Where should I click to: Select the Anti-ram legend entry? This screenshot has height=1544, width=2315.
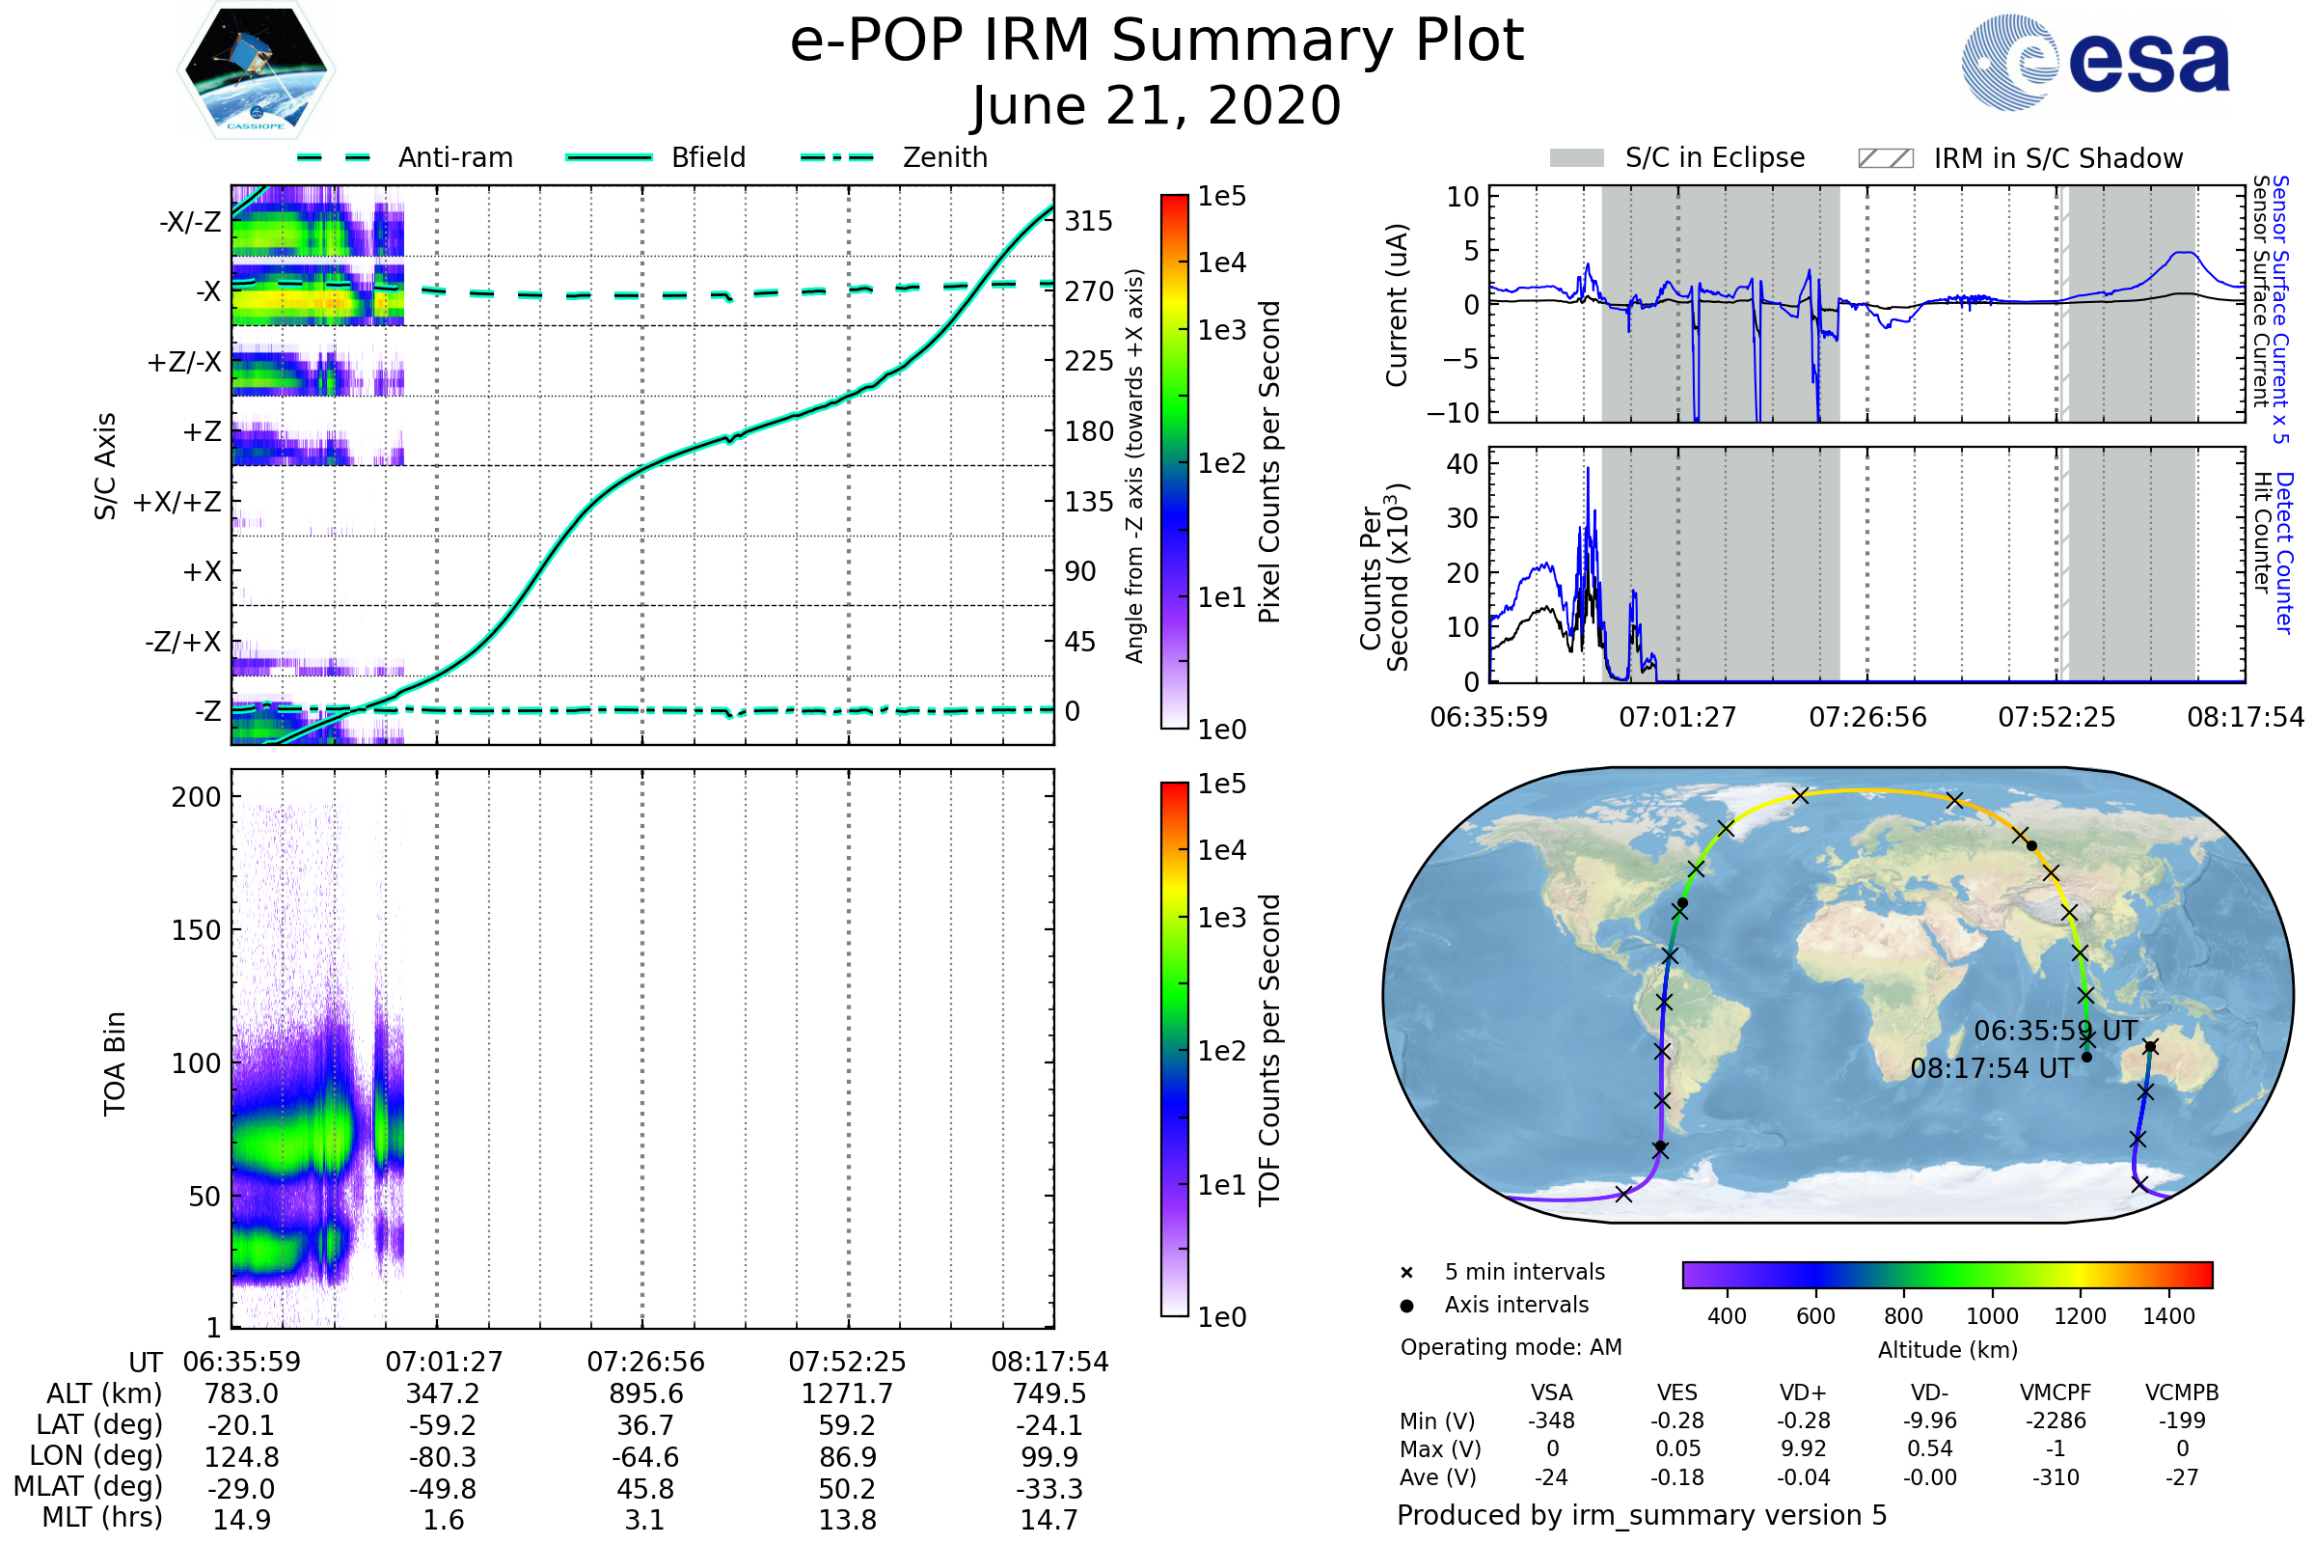(454, 157)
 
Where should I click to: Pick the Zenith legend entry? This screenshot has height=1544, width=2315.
(944, 157)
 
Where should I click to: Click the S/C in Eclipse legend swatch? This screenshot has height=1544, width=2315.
(1576, 158)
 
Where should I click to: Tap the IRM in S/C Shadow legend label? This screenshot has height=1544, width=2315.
(2057, 158)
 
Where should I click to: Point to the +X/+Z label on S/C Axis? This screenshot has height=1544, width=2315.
(177, 502)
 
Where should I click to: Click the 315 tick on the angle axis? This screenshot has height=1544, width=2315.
(1088, 221)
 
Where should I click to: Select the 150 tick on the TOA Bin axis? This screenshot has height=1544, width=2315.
(196, 930)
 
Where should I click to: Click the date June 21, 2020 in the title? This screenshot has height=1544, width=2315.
(1156, 106)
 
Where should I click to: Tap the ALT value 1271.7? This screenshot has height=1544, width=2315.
(847, 1393)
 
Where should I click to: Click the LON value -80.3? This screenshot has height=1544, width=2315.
(443, 1456)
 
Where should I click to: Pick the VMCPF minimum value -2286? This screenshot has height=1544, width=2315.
(2056, 1420)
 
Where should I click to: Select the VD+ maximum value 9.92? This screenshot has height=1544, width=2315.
(1803, 1448)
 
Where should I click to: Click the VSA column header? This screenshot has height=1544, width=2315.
(1551, 1392)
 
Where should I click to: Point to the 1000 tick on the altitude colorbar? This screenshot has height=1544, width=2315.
(1991, 1315)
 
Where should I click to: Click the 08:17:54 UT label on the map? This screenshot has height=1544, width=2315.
(1991, 1068)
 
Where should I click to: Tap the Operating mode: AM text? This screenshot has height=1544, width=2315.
(1511, 1347)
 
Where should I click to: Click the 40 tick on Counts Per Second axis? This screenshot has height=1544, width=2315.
(1461, 464)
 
